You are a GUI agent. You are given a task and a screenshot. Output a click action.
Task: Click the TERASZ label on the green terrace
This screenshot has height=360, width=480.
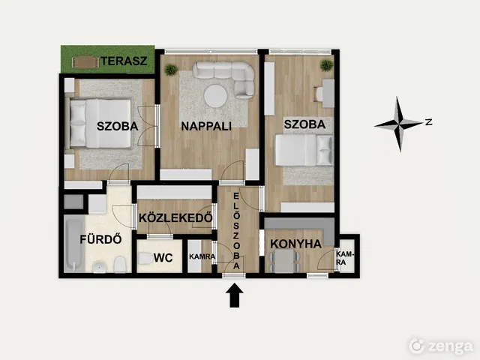pos(124,61)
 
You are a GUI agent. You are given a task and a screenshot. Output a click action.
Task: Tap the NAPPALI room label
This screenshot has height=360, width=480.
pos(206,126)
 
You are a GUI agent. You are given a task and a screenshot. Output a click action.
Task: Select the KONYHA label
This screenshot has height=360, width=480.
pos(295,244)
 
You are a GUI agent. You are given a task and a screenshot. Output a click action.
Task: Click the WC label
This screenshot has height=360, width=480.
pos(163,258)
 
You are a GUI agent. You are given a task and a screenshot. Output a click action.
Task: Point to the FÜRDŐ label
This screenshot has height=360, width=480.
pos(101,239)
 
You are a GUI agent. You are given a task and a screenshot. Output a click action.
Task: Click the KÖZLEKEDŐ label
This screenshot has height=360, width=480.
pos(175,217)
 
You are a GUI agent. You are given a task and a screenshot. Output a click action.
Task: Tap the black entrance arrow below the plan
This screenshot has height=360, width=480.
pos(235,295)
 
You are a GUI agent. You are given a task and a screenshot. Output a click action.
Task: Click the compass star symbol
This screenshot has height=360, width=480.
pos(398,124)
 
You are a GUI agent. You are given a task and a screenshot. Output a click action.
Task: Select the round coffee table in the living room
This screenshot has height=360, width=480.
pos(215,96)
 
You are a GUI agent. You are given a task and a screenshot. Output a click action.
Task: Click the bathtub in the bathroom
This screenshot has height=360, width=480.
pos(74,244)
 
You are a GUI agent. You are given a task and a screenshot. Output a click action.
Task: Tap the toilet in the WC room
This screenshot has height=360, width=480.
pos(145,258)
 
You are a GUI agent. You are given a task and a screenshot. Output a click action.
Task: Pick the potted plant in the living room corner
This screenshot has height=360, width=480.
pos(171,70)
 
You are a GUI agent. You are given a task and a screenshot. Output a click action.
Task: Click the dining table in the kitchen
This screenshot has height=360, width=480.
pos(284,261)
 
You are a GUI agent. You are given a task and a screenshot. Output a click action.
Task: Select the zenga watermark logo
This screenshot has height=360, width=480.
pos(441,346)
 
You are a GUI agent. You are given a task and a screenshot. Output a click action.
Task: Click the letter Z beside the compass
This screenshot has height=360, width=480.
pos(429,122)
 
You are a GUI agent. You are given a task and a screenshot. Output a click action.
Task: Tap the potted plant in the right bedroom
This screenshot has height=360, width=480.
pos(326,65)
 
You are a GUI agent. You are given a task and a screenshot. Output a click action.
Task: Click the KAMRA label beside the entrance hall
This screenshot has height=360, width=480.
pos(202,256)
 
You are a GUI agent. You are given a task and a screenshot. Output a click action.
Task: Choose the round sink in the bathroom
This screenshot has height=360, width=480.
pos(99,267)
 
